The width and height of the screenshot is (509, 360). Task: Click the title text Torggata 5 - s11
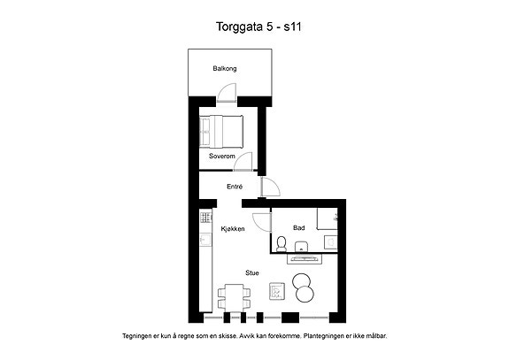(x=258, y=27)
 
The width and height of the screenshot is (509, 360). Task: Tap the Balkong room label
(x=225, y=68)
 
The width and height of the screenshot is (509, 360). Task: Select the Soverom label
(x=221, y=156)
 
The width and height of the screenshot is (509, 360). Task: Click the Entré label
(x=235, y=187)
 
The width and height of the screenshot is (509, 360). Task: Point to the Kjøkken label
(x=233, y=228)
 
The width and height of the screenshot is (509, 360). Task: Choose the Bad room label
(x=298, y=228)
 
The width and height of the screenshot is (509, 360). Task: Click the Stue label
(x=252, y=273)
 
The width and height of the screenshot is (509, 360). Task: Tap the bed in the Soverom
(x=220, y=131)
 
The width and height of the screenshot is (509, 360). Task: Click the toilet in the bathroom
(x=281, y=244)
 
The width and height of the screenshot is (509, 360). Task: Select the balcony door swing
(x=227, y=92)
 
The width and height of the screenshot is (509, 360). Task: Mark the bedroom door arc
(x=243, y=161)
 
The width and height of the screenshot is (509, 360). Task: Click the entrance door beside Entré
(x=270, y=187)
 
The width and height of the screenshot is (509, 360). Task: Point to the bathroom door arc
(x=262, y=222)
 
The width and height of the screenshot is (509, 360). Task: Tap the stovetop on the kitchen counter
(x=205, y=218)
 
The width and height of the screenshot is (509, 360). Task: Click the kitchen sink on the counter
(x=205, y=240)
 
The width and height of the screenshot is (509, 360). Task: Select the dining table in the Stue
(x=234, y=298)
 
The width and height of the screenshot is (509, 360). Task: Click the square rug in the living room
(x=277, y=292)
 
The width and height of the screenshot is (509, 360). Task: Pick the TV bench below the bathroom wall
(x=305, y=259)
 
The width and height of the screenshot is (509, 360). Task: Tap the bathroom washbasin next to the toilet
(x=302, y=247)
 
